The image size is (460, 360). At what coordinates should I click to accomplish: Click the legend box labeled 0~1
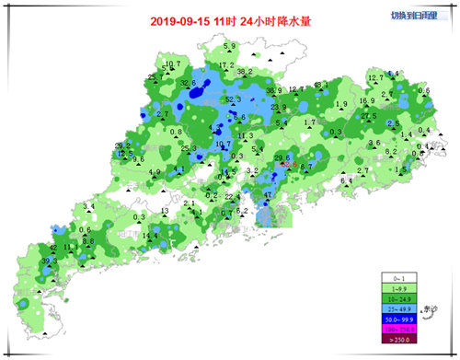click(x=399, y=277)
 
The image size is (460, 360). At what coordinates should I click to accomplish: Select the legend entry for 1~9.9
click(x=399, y=287)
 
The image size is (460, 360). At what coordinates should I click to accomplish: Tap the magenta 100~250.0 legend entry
click(x=399, y=328)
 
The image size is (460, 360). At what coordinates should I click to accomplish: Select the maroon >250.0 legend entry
click(x=399, y=339)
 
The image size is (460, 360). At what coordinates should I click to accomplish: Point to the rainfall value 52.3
click(x=233, y=99)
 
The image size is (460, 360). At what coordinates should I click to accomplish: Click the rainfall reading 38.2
click(x=245, y=72)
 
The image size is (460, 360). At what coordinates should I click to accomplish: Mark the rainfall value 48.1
click(x=321, y=85)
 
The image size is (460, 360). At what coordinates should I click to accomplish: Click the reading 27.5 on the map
click(x=369, y=115)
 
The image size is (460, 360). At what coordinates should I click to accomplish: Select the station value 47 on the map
click(x=268, y=195)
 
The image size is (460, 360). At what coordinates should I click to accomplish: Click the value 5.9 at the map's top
click(x=229, y=46)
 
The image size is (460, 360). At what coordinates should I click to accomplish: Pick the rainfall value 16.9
click(x=366, y=101)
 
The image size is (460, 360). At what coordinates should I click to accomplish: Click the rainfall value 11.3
click(x=246, y=136)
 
